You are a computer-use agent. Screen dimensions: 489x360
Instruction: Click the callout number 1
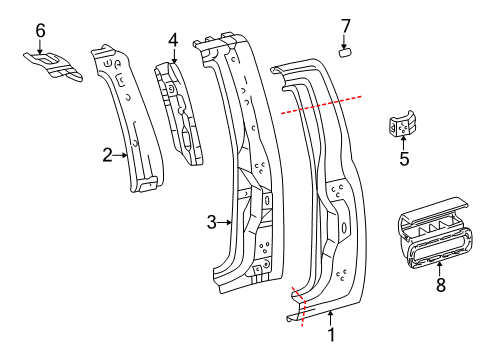331,334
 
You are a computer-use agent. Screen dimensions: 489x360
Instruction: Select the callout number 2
107,155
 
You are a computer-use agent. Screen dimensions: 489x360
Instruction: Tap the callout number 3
212,222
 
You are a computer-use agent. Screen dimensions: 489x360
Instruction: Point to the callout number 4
173,41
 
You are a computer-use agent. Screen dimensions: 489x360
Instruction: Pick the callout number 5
404,159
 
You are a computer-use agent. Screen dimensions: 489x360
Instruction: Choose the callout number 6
40,31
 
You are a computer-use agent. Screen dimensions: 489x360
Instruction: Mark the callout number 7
346,26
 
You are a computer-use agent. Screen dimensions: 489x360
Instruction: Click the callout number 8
441,285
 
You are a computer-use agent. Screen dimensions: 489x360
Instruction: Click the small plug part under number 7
346,53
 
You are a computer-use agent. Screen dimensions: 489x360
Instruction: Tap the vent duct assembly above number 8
435,233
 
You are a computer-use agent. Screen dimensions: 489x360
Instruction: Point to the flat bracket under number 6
53,65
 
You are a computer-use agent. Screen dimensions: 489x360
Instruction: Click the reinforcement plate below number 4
179,113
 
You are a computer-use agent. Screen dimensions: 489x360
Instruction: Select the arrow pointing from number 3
225,222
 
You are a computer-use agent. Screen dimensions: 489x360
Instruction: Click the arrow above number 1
330,317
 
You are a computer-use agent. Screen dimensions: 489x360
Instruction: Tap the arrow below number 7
345,42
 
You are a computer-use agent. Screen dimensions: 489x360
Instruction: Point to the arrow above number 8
440,269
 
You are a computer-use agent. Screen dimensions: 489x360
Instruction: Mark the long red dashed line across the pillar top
321,105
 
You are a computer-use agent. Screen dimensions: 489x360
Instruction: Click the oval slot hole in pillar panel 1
344,228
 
